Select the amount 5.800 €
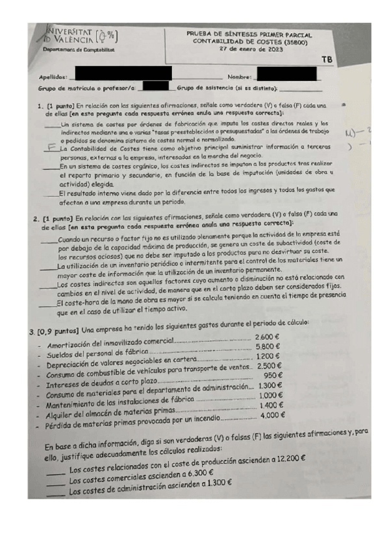pos(267,347)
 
